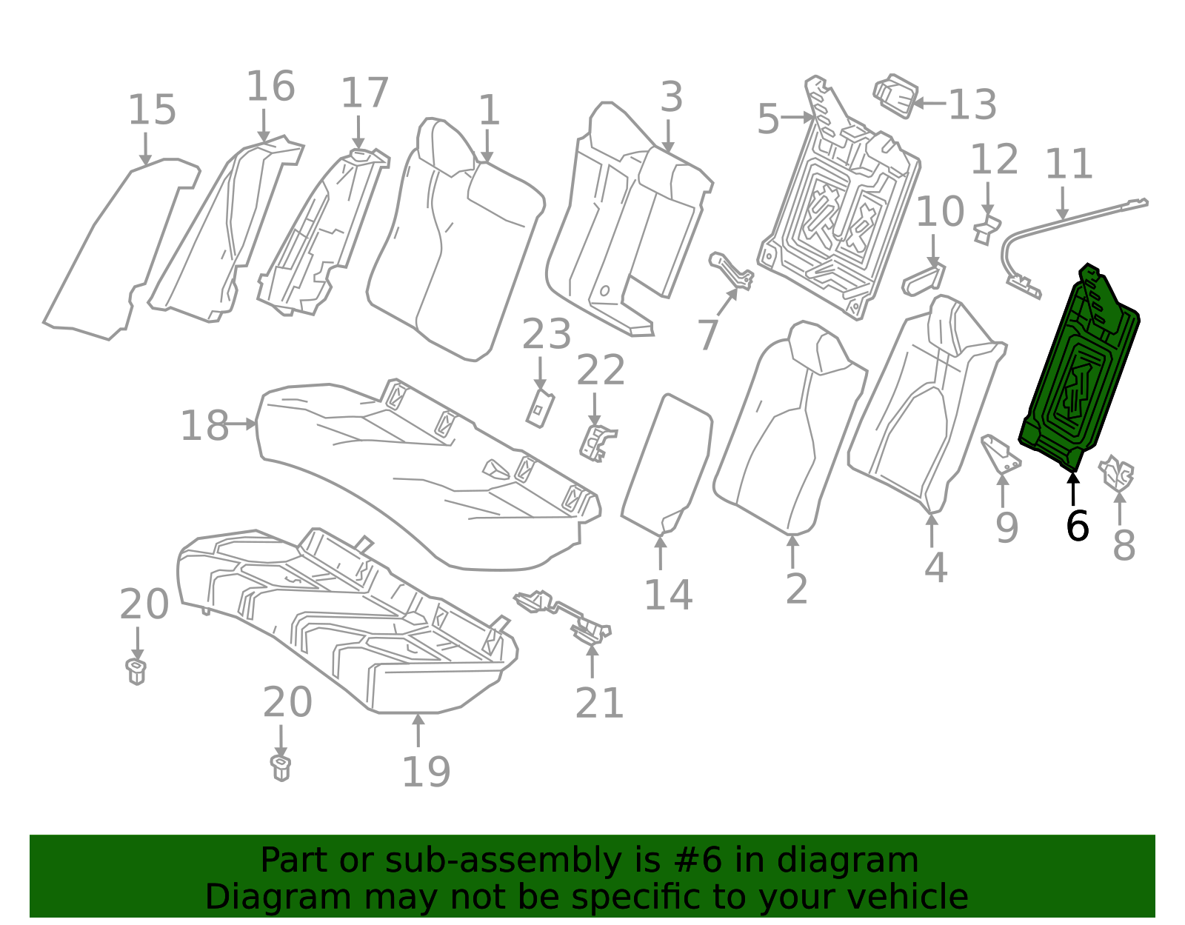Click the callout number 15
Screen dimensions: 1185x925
point(152,110)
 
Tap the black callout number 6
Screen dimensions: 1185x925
point(1077,526)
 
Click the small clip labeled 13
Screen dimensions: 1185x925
point(895,96)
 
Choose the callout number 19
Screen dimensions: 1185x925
point(426,772)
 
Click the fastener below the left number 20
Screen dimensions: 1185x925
point(136,672)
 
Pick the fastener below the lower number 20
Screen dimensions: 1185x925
point(280,769)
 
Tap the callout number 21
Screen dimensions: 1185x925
point(598,703)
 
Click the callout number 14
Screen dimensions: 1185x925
point(668,595)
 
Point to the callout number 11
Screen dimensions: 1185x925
point(1068,164)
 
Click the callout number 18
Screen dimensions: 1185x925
point(204,426)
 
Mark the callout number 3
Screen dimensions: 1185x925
point(671,97)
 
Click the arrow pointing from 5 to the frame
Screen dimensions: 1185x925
point(797,117)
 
